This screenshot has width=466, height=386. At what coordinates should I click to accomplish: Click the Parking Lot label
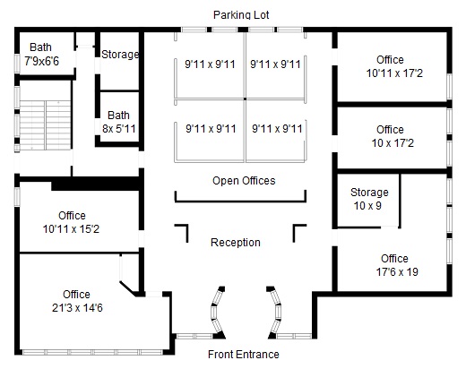pos(241,15)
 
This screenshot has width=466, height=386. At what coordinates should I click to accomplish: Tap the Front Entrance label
pos(244,355)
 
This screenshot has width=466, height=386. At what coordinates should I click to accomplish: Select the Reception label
pos(236,243)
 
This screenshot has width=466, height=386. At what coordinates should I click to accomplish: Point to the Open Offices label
pos(244,181)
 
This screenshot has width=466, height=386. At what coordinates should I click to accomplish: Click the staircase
pos(45,125)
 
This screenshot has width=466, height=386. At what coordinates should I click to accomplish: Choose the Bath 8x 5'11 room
pos(119,116)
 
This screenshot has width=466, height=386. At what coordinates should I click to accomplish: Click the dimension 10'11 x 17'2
pos(394,73)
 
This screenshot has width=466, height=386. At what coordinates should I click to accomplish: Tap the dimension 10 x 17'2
pos(393,143)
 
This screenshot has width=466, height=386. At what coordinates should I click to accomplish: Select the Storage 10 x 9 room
pos(368,200)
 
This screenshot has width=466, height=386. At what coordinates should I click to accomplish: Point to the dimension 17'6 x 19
pos(397,272)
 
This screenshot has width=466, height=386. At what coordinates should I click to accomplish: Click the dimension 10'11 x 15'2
pos(71,229)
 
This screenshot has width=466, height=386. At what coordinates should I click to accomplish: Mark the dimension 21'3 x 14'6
pos(77,308)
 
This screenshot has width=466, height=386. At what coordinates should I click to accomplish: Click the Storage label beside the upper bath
pos(120,55)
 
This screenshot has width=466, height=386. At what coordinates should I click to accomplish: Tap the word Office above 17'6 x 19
pos(394,258)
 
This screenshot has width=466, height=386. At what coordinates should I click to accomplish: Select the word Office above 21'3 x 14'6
pos(76,295)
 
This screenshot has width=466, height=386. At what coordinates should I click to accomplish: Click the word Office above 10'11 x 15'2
pos(72,216)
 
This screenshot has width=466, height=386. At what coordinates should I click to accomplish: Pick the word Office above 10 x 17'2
pos(390,130)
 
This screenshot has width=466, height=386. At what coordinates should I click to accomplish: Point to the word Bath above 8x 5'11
pos(118,116)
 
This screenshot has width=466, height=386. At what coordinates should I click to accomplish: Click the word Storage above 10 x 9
pos(369,193)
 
